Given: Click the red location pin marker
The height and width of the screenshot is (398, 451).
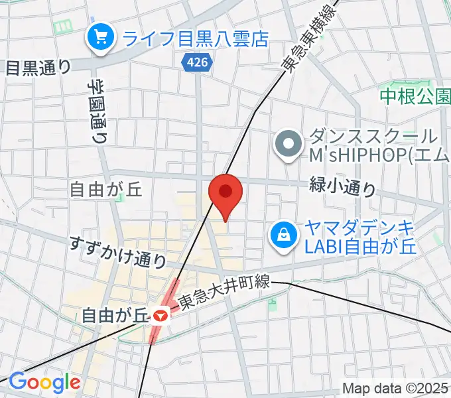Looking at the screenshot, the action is click(x=225, y=194).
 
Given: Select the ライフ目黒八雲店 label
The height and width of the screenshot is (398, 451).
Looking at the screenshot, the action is click(x=194, y=38).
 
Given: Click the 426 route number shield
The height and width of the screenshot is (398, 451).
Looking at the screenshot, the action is click(x=197, y=62).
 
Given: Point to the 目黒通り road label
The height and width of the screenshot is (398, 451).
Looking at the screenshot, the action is click(x=38, y=67).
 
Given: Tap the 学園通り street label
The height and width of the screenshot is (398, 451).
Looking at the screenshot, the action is click(x=97, y=112).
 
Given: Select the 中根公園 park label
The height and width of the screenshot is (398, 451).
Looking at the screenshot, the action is click(x=415, y=98).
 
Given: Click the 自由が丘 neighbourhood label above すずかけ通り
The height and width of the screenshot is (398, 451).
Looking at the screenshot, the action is click(x=106, y=190).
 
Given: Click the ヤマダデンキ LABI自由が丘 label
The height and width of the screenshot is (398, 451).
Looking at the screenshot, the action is click(x=359, y=237).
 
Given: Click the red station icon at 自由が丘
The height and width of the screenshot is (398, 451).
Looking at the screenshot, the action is click(x=159, y=316).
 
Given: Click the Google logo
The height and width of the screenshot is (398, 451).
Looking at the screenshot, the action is click(x=44, y=382).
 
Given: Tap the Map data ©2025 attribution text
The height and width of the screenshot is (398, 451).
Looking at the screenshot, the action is click(x=396, y=388).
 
